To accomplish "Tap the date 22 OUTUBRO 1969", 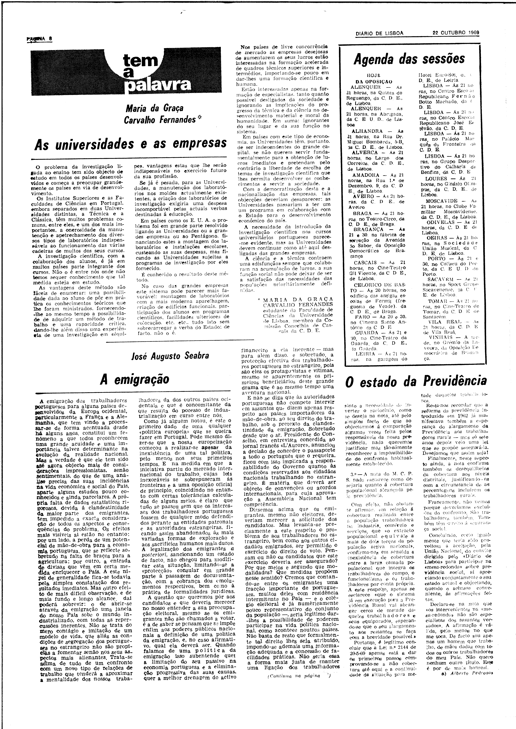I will click(456, 33).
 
